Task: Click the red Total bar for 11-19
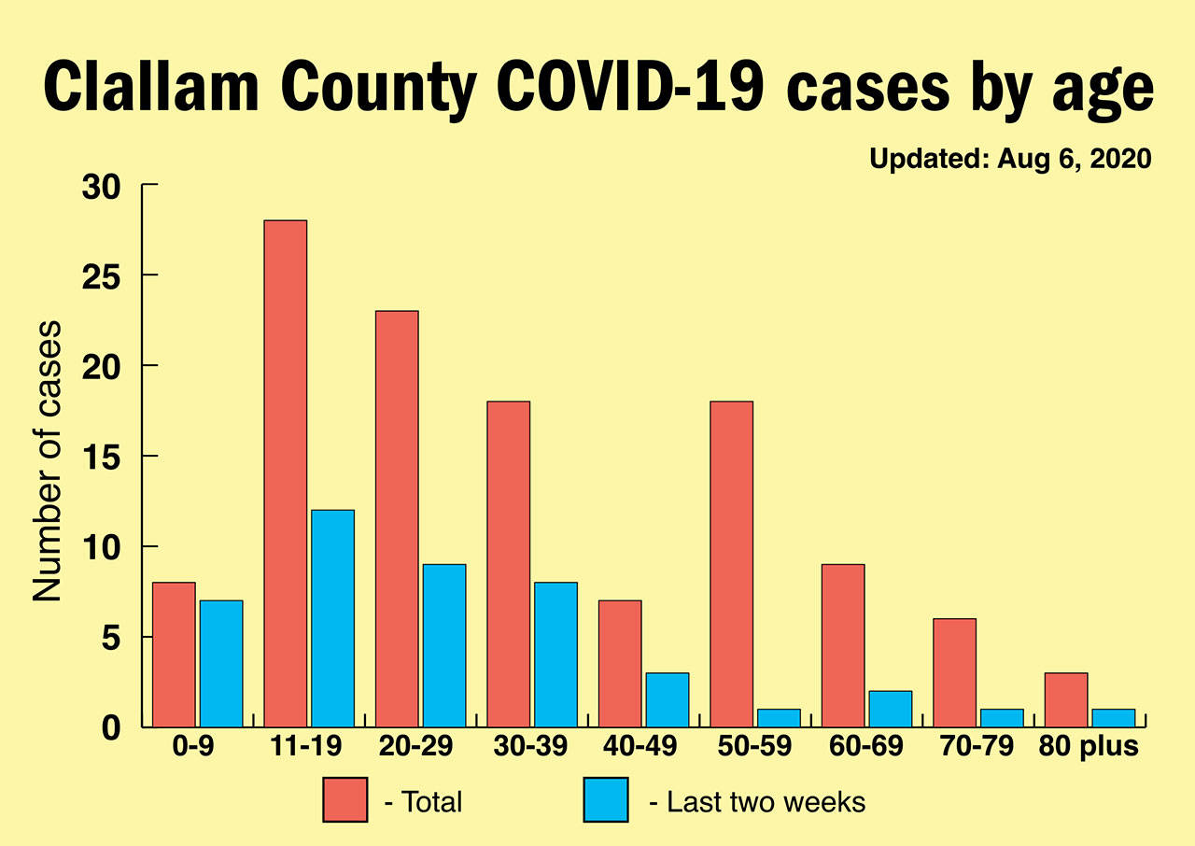click(285, 473)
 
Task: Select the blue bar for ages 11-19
click(332, 618)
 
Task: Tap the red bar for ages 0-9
click(174, 655)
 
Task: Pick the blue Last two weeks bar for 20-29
click(443, 645)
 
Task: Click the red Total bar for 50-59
click(731, 564)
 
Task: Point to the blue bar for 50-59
click(779, 718)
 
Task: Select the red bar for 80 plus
click(1065, 699)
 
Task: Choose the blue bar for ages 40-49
click(667, 699)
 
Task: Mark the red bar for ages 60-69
click(842, 645)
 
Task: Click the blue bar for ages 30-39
click(555, 655)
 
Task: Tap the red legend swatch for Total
click(345, 800)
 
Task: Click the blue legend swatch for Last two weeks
click(606, 800)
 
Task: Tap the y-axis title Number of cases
click(48, 461)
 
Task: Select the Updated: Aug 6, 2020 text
click(1011, 159)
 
